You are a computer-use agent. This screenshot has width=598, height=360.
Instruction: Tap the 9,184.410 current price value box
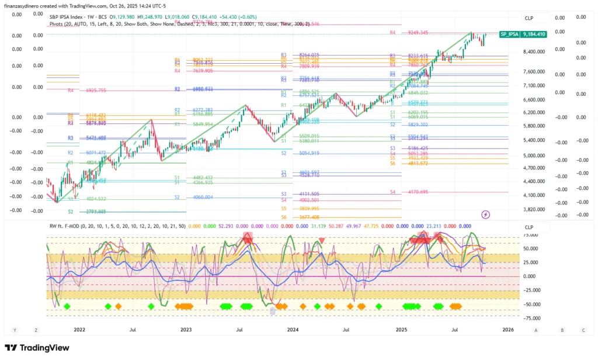[534, 34]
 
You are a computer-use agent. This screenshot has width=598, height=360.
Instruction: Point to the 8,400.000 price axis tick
[534, 52]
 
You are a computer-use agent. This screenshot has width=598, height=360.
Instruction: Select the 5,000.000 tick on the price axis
[534, 155]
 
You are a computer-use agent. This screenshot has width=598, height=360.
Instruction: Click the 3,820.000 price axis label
[534, 209]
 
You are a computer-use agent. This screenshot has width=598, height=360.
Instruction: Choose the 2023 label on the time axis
[186, 330]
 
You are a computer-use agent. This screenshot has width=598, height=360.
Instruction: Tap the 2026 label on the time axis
[508, 330]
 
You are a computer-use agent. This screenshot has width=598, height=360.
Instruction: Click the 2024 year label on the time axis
[294, 330]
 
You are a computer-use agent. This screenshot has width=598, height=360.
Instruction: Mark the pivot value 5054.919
[310, 153]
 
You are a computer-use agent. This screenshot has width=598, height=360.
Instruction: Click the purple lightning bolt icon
[486, 214]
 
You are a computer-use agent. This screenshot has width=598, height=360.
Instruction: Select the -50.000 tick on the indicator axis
[531, 304]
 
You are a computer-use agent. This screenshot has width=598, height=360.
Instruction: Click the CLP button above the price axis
[529, 18]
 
